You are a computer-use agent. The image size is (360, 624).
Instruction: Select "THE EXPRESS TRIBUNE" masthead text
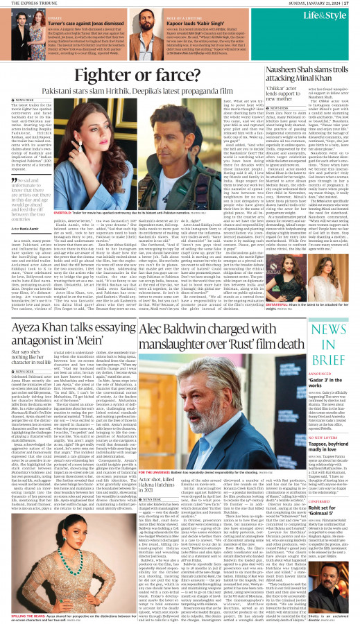(24, 3)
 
